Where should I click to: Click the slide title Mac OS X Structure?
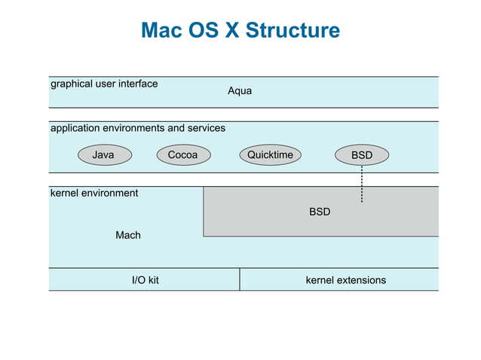[x=240, y=31]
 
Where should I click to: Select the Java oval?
[x=103, y=155]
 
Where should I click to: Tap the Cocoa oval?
[x=183, y=155]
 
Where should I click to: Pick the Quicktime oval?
[x=270, y=155]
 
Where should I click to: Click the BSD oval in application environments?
[x=362, y=155]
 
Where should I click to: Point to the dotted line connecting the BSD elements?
[x=362, y=185]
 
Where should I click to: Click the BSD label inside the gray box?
[x=320, y=212]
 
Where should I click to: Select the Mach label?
[x=128, y=236]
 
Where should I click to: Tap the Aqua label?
[x=240, y=91]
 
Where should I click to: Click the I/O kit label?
[x=146, y=280]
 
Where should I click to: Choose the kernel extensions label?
[x=345, y=280]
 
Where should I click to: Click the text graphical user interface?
[x=104, y=84]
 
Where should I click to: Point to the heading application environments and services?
[x=137, y=128]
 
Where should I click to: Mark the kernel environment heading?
[x=94, y=193]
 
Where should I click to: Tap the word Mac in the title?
[x=161, y=31]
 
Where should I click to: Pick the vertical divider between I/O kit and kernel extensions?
[x=240, y=279]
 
